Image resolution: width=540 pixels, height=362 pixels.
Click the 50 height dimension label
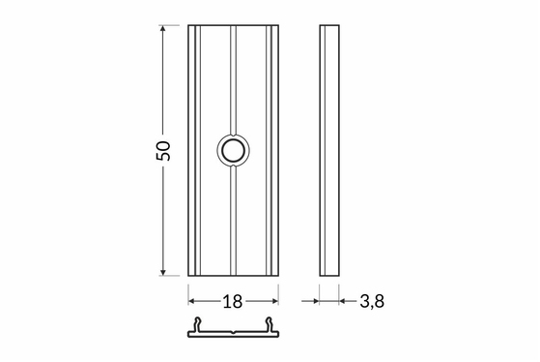(x=163, y=150)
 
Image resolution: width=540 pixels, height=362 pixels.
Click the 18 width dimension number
(x=233, y=302)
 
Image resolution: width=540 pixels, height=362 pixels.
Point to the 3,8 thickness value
(x=372, y=301)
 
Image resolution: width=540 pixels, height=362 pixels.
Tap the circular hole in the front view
(x=233, y=150)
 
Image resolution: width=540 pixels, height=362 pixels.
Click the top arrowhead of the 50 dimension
(x=163, y=28)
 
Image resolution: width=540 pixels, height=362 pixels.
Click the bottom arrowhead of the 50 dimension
(x=163, y=272)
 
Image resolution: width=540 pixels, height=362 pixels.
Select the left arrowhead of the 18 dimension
(x=191, y=301)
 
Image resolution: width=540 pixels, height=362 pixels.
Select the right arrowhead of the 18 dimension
(x=274, y=301)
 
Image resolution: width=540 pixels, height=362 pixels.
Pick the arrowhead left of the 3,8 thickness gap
(x=316, y=301)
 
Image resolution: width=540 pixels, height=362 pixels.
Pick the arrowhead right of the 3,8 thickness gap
(x=343, y=301)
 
